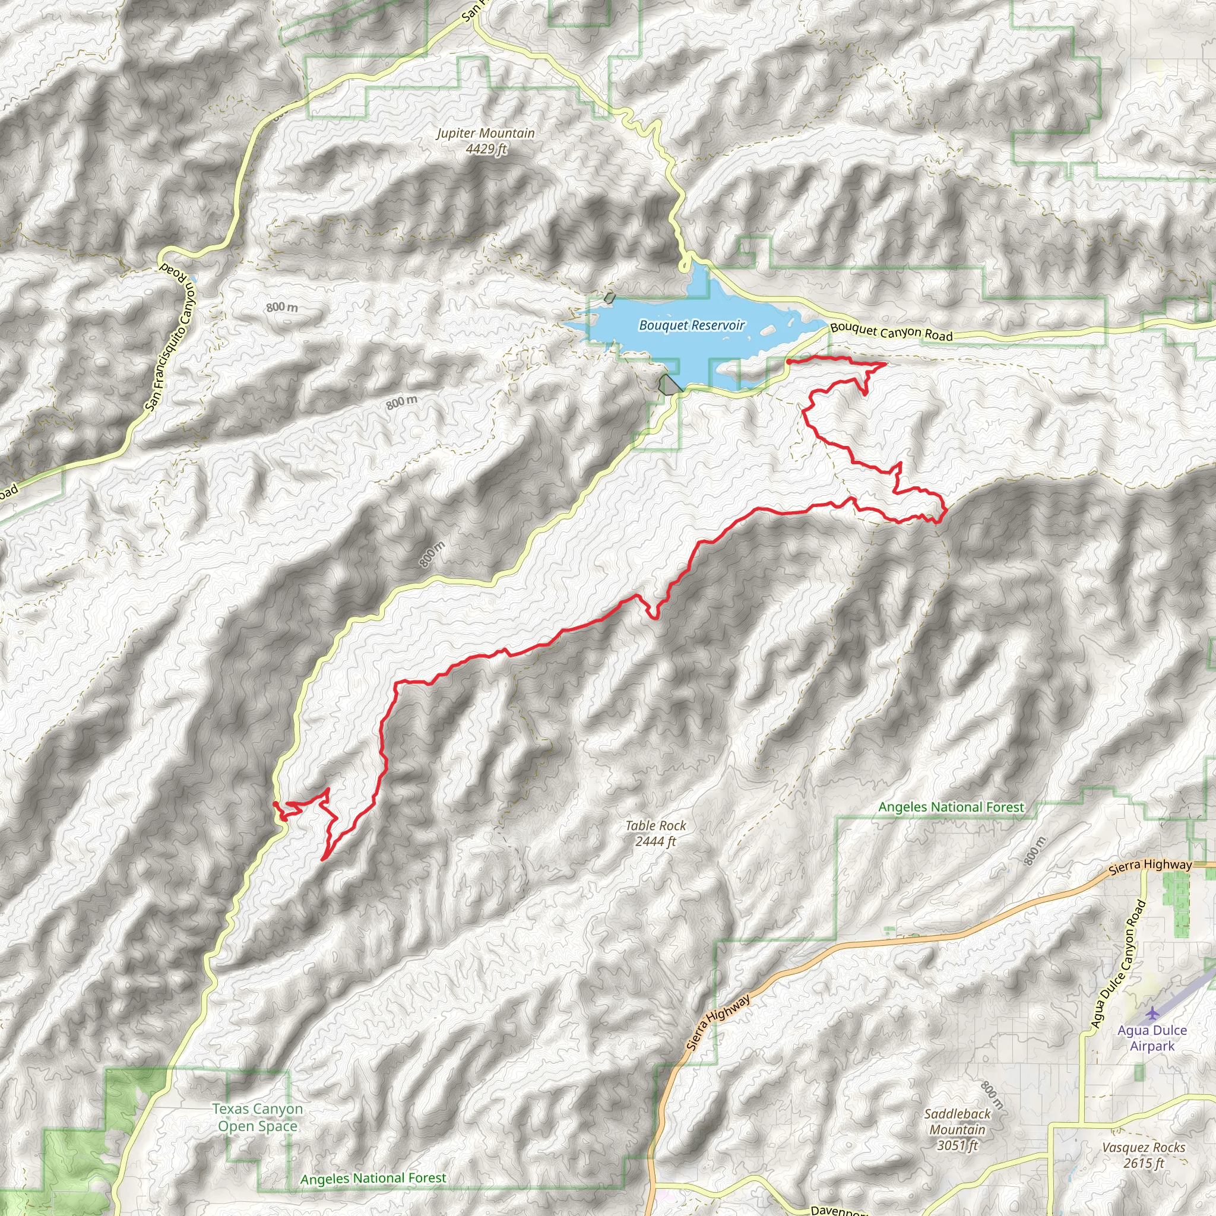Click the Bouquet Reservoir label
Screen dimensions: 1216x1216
click(692, 325)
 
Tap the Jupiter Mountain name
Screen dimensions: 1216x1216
click(486, 134)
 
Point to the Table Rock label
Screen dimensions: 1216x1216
click(656, 826)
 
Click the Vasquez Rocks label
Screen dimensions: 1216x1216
click(1144, 1147)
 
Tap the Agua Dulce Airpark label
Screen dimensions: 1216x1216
click(1152, 1038)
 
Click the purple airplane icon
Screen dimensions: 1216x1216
click(1152, 1014)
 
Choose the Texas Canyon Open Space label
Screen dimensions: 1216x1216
click(258, 1117)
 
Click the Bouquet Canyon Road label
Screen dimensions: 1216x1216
click(891, 332)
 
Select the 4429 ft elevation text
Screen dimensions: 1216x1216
click(486, 149)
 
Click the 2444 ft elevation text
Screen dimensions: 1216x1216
click(656, 841)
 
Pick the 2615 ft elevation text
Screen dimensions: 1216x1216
click(1144, 1163)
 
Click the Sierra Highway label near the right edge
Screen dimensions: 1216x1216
click(1150, 866)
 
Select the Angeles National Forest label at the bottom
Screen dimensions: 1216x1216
click(373, 1178)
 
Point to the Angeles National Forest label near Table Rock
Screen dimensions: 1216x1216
click(951, 807)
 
